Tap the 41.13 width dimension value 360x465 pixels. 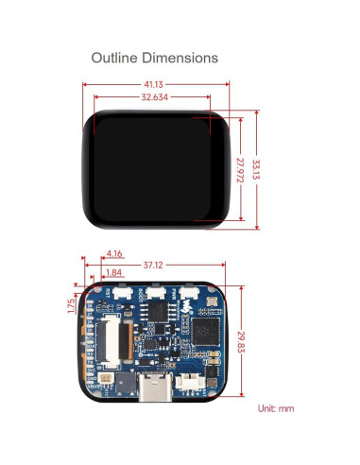tap(156, 83)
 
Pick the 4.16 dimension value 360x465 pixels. tap(115, 253)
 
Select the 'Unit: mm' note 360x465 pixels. tap(276, 408)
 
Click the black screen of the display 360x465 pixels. tap(156, 168)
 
